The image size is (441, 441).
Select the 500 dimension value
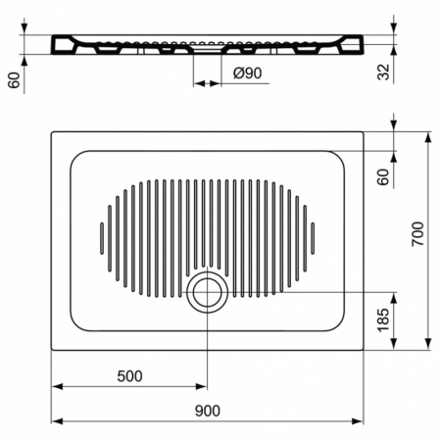(129, 375)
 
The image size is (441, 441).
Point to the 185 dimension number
(383, 319)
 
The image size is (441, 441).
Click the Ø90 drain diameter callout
(248, 72)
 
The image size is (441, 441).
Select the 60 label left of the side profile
(14, 80)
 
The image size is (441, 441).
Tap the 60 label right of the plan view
(383, 176)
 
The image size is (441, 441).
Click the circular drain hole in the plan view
(207, 291)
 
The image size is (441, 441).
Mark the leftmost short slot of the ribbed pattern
(101, 236)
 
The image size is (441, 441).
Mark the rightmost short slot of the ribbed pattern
(313, 236)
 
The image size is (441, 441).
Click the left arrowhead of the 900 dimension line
(56, 421)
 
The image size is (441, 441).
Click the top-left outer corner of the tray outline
(51, 131)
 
